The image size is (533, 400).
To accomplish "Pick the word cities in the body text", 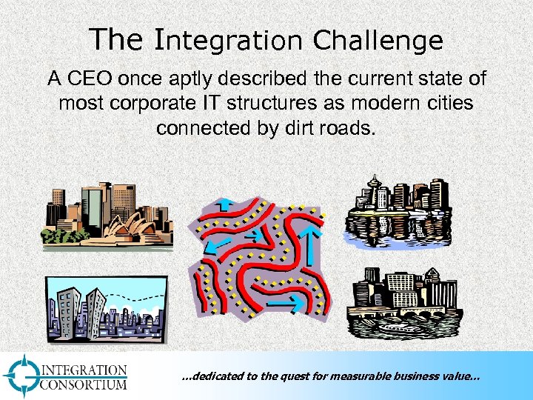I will [x=444, y=102].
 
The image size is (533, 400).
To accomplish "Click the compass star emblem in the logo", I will [x=23, y=376].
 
